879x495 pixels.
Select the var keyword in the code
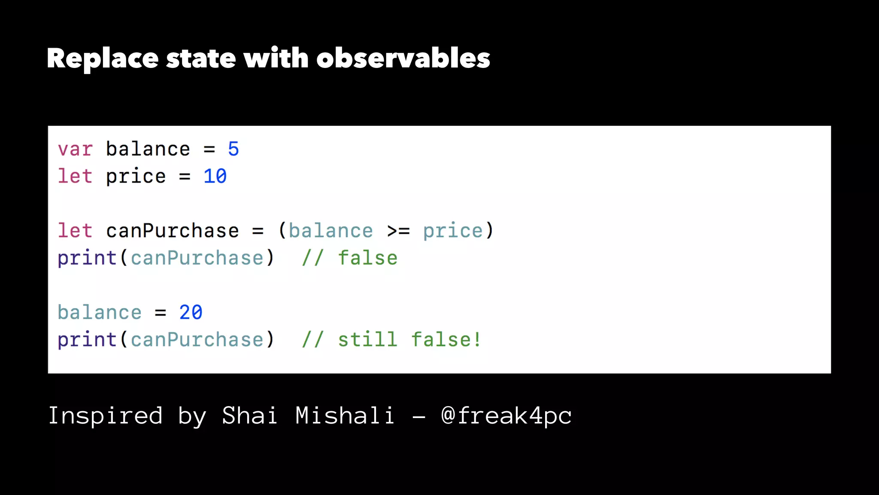75,150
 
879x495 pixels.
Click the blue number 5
233,149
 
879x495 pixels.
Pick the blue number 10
215,176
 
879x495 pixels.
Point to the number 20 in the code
191,312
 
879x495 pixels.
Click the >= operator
398,231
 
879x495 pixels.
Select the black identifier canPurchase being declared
172,231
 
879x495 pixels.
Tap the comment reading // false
349,258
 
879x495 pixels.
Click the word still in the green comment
367,339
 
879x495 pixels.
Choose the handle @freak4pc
506,416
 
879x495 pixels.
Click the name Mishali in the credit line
345,416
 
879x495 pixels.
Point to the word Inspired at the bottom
106,416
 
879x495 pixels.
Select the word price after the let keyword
136,177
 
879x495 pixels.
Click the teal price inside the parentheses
452,231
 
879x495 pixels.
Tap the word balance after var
148,149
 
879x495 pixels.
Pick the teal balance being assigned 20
100,312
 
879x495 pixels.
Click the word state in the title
201,58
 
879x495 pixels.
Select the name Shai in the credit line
249,416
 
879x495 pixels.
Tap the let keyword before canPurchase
75,231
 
